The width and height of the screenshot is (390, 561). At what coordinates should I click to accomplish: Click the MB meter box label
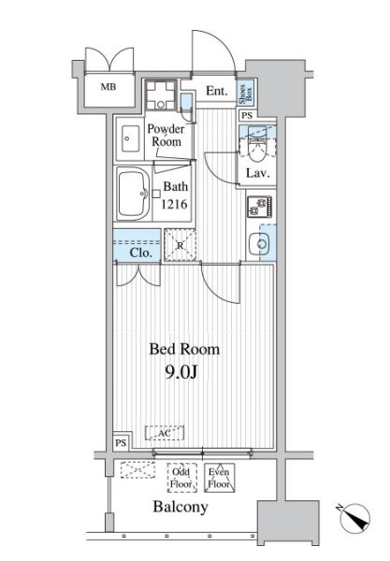[x=108, y=87]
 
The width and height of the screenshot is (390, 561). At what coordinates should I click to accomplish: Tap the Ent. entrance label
[x=217, y=91]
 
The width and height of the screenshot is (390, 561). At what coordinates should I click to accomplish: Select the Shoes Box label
[x=246, y=93]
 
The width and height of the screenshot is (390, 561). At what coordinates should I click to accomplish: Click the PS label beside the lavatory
[x=247, y=115]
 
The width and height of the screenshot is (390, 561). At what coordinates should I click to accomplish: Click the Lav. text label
[x=257, y=173]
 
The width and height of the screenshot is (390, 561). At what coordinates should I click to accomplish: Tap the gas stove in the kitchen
[x=259, y=207]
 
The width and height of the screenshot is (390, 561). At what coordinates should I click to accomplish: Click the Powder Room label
[x=166, y=136]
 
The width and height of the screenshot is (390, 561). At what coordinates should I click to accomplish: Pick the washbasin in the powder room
[x=130, y=138]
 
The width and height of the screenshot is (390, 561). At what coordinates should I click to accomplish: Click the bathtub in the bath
[x=133, y=195]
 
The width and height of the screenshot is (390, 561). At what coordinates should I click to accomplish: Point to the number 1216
[x=174, y=204]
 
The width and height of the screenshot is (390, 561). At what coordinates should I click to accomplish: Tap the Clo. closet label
[x=140, y=252]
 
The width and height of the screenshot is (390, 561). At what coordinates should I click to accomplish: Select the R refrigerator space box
[x=180, y=245]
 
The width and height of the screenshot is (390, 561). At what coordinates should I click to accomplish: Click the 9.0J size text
[x=181, y=372]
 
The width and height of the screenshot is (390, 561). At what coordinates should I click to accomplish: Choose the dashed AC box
[x=165, y=433]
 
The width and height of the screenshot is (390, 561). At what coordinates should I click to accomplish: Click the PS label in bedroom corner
[x=121, y=443]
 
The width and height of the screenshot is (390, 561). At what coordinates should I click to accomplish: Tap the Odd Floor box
[x=182, y=478]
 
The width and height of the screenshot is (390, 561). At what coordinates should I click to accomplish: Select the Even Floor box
[x=220, y=478]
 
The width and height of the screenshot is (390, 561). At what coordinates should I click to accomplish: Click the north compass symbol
[x=354, y=518]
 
